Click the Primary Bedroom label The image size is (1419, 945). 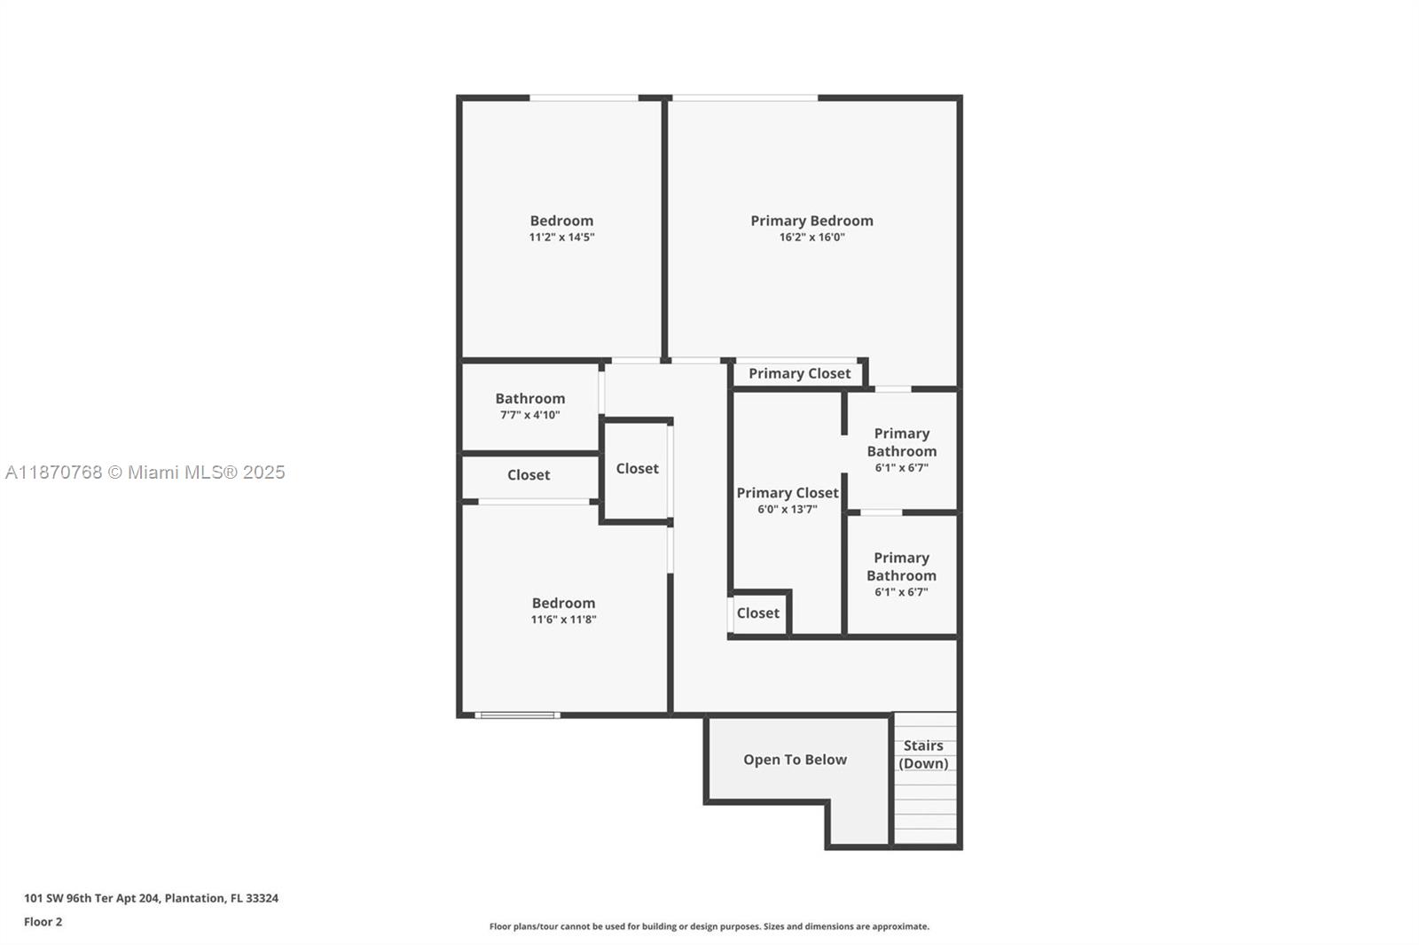[x=811, y=221]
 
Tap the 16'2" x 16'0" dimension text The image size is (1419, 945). [x=811, y=238]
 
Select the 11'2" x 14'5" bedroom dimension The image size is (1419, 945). [x=562, y=238]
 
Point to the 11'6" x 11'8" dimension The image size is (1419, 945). [x=564, y=620]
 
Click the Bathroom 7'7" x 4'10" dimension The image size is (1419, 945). [x=530, y=416]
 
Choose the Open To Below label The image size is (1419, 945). [x=795, y=760]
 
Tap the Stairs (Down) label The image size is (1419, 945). [x=923, y=754]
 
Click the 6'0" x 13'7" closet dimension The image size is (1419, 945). [x=788, y=509]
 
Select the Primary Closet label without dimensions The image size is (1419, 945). [x=799, y=374]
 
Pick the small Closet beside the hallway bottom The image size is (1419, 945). [x=757, y=613]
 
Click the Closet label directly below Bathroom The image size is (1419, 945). [x=529, y=475]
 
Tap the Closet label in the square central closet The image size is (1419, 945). [x=638, y=469]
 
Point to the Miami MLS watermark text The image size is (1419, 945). [x=145, y=472]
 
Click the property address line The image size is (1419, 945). [x=152, y=898]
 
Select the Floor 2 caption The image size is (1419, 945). [x=43, y=922]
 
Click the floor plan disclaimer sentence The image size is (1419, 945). [x=709, y=926]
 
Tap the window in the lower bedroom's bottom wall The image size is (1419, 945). [x=518, y=715]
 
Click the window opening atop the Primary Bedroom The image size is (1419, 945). [x=745, y=98]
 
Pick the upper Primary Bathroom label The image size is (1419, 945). [x=901, y=442]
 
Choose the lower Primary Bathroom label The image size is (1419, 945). [x=901, y=566]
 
